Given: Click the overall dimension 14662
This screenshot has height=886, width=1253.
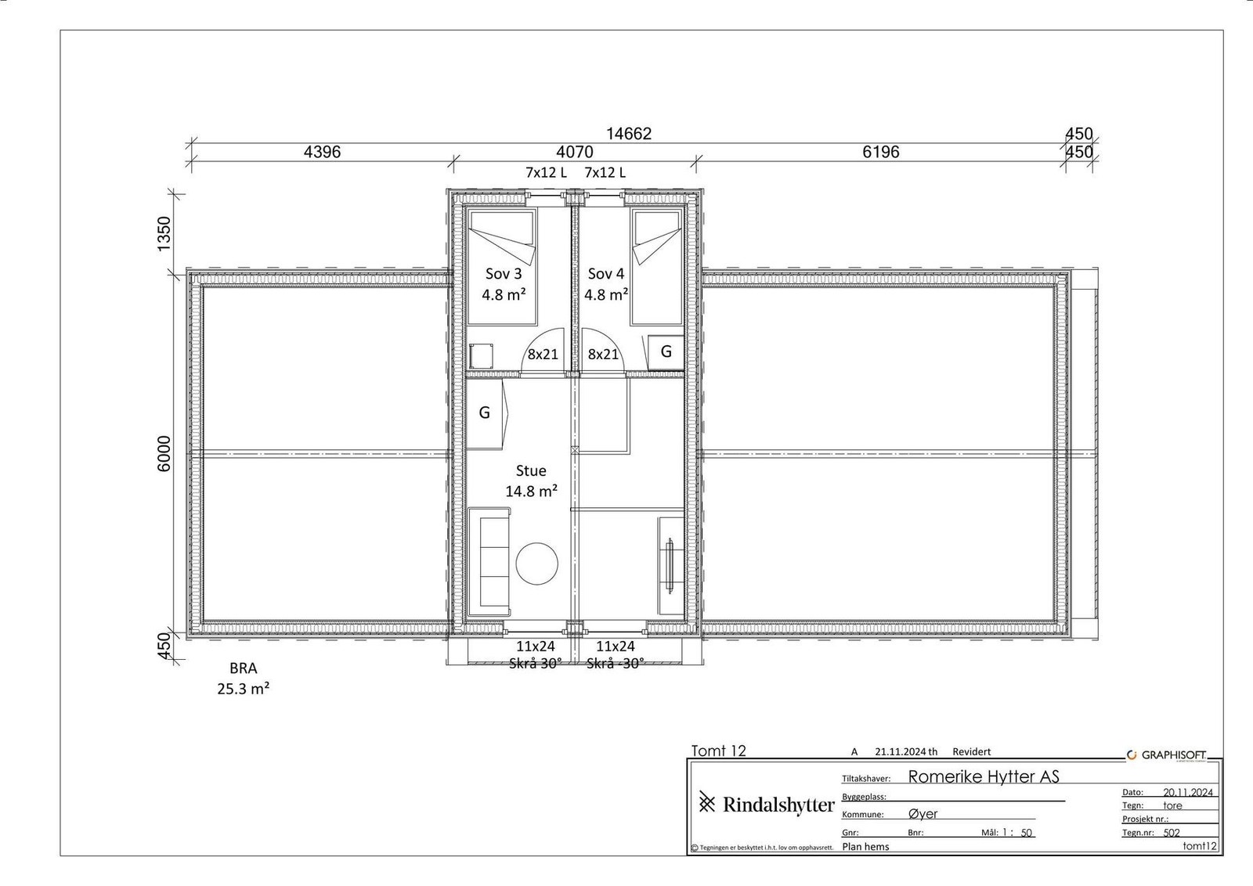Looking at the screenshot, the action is tap(630, 134).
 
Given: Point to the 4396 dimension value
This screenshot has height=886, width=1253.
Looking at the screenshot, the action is tap(322, 152).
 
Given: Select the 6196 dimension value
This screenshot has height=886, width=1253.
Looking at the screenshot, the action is tap(880, 152).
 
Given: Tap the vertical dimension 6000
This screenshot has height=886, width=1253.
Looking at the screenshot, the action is tap(164, 453).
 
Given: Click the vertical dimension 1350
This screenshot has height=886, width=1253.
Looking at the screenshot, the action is tap(164, 234).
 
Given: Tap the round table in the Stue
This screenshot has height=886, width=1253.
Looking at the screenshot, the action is tap(536, 564).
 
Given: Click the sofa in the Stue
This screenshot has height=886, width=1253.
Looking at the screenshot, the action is tap(489, 562).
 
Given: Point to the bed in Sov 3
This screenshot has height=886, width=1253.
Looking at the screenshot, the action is tap(502, 267).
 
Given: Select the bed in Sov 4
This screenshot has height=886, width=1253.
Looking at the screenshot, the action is tap(657, 267).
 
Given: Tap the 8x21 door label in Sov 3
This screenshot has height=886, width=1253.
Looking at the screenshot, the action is tap(543, 355).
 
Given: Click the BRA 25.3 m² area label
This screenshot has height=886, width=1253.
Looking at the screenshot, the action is tap(244, 679).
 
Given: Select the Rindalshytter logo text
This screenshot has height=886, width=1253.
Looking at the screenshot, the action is tap(778, 805).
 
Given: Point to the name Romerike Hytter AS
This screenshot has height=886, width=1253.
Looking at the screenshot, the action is tap(984, 776).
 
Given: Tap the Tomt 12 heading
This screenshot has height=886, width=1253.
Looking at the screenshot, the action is tap(719, 751).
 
